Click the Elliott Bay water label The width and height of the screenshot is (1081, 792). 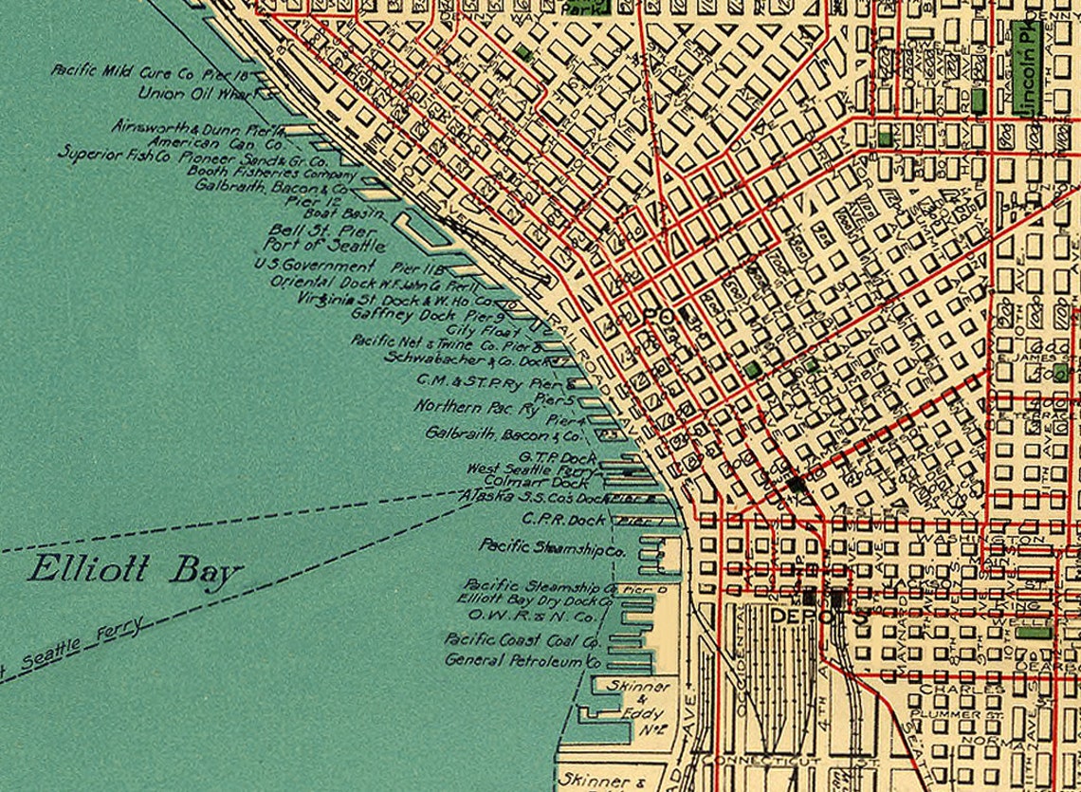[135, 571]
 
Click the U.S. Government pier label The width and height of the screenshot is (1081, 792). [315, 267]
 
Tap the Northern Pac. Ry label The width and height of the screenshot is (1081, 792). [476, 408]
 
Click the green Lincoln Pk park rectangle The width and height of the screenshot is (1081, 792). [1024, 68]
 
